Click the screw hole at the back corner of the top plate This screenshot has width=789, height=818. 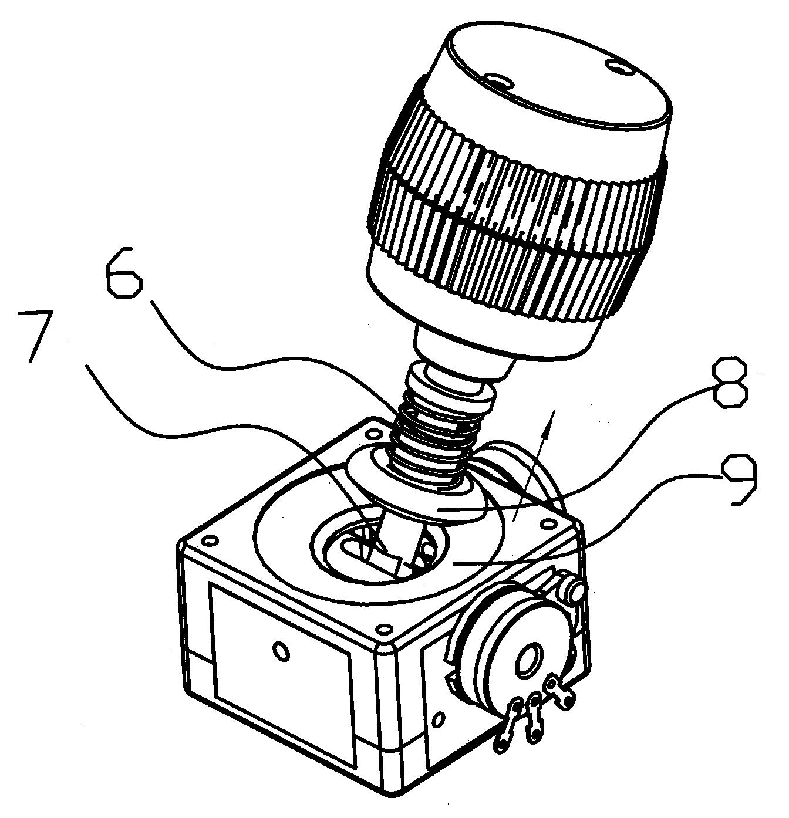point(372,431)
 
